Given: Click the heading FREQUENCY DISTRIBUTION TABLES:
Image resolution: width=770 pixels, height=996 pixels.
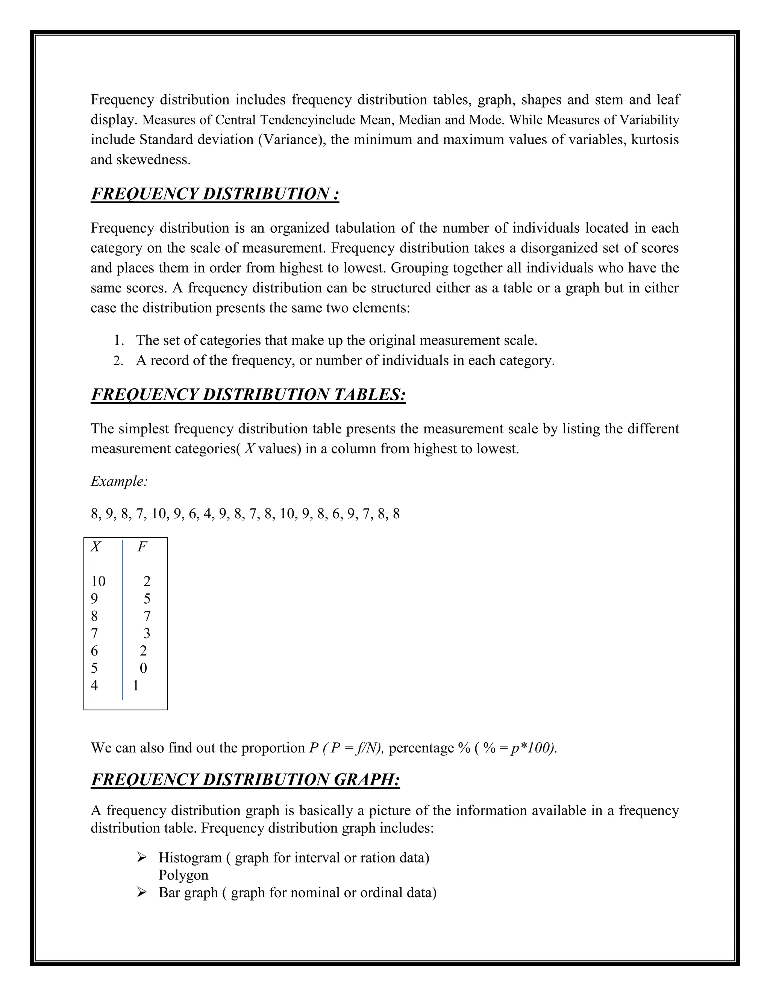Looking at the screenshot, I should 248,395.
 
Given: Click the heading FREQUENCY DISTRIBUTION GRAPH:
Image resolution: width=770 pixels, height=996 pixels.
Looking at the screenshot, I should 246,780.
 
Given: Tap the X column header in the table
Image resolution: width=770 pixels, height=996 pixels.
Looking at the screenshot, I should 95,546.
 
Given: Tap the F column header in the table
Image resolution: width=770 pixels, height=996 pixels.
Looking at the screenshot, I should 142,546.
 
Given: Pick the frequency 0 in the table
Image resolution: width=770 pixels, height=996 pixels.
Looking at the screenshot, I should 143,668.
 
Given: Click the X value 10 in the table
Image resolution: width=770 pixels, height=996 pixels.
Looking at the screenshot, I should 98,581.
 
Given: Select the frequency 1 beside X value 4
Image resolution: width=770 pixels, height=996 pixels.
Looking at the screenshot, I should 135,686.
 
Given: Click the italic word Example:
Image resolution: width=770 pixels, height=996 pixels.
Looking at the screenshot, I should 119,481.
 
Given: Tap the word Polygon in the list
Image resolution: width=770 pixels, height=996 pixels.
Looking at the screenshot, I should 183,875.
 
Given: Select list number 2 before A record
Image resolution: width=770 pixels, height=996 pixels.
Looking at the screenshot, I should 118,361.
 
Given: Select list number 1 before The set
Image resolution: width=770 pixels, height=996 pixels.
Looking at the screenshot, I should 118,341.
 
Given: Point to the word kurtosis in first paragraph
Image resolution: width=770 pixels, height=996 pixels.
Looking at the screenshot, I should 655,139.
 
